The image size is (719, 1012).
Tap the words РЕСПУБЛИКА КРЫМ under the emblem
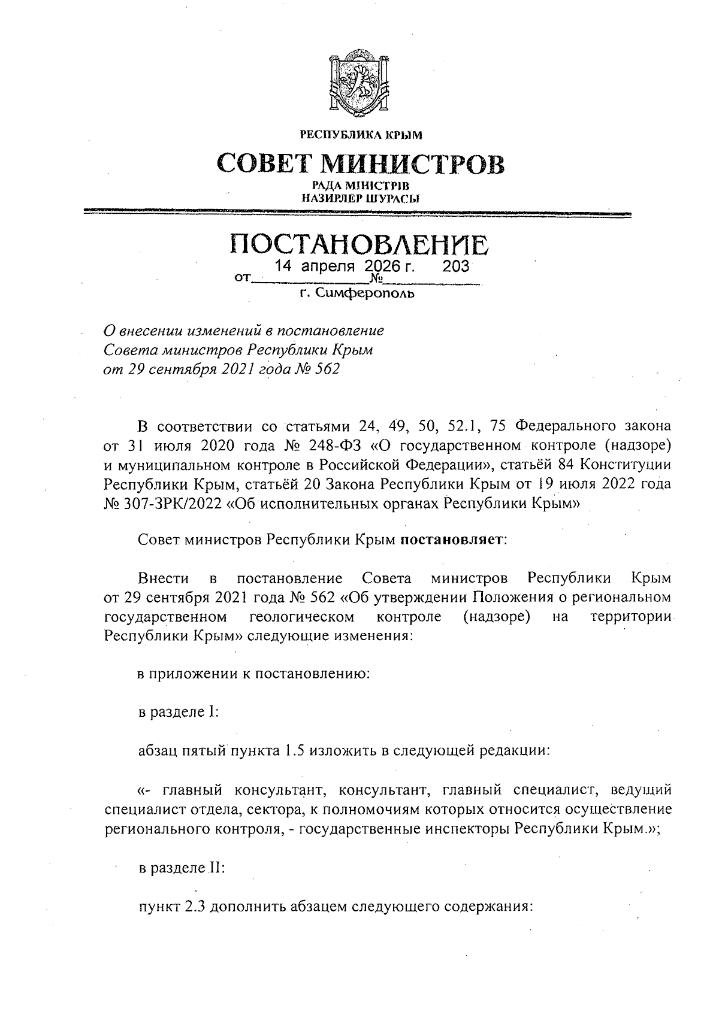tap(361, 135)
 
